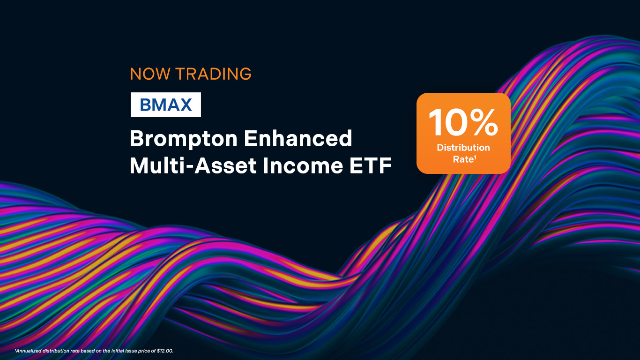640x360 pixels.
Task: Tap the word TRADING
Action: [214, 74]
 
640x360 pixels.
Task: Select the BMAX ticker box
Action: [166, 105]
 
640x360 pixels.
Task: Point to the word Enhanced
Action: [298, 138]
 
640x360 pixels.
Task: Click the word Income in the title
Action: [303, 165]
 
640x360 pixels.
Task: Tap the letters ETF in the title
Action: [371, 165]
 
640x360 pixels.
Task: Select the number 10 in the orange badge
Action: [448, 122]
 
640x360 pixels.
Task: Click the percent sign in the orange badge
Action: [484, 122]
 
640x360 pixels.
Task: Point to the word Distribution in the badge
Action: [463, 148]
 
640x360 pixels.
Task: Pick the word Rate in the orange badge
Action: [463, 159]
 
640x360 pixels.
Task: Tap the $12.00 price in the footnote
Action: [165, 351]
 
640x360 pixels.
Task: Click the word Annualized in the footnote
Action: [28, 351]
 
